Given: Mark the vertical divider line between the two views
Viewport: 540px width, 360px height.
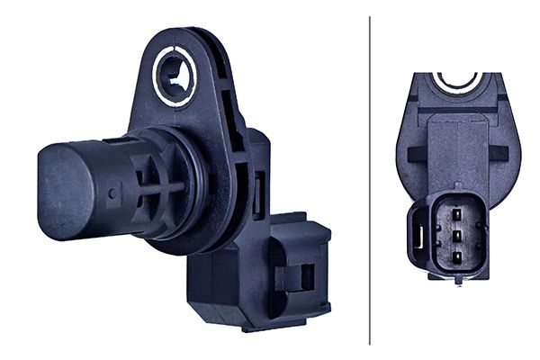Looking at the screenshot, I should [x=369, y=180].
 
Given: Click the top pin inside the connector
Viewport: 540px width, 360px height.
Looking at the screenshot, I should [x=456, y=214].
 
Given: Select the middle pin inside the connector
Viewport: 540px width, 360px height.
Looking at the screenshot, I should [x=456, y=235].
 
